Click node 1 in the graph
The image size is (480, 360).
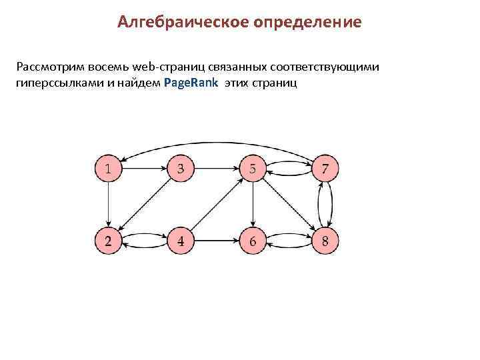point(108,168)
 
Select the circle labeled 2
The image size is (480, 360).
point(108,240)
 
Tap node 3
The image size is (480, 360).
point(180,168)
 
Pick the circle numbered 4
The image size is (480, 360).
point(180,240)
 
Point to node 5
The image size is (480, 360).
point(253,168)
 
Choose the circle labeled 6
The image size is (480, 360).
point(253,240)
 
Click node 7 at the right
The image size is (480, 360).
point(325,168)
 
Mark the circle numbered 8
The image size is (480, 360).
point(325,240)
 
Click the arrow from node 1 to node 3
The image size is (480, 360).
point(144,168)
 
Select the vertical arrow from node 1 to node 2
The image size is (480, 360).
point(108,204)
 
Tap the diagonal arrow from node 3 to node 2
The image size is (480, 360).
point(144,204)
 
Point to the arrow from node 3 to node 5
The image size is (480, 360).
point(216,168)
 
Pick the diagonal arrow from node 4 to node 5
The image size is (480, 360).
point(216,204)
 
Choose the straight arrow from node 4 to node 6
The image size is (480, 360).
point(216,240)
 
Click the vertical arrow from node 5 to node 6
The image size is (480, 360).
point(253,204)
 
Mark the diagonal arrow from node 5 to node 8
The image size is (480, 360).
point(289,204)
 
